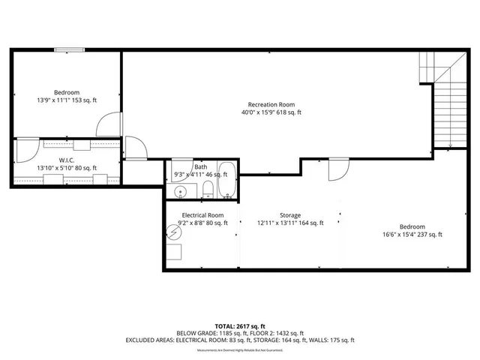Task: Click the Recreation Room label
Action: [271, 104]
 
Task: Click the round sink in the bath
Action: [180, 192]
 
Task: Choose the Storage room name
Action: [290, 214]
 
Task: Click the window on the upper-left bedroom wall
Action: [69, 50]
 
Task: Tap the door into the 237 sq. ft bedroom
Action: [338, 168]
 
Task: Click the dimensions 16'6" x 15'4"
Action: [412, 235]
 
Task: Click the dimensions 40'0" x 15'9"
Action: [271, 112]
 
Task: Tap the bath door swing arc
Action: [182, 169]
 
